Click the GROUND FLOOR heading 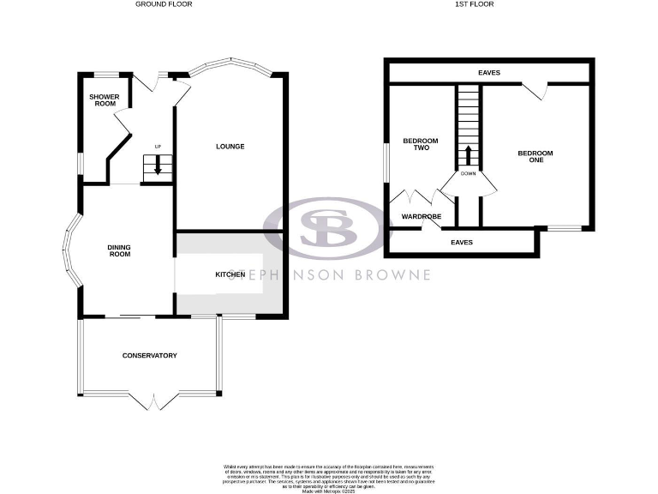(x=164, y=4)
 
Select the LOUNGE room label (x=230, y=147)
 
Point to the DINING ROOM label (x=119, y=250)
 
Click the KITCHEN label (x=230, y=274)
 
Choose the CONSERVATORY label (x=149, y=355)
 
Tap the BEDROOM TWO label (x=421, y=144)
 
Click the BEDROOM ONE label (x=535, y=156)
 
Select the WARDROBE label (x=421, y=217)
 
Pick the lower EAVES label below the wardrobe (x=462, y=242)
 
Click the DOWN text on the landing (x=468, y=174)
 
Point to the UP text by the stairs (x=158, y=147)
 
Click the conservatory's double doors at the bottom (x=153, y=401)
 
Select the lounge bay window (x=230, y=65)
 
